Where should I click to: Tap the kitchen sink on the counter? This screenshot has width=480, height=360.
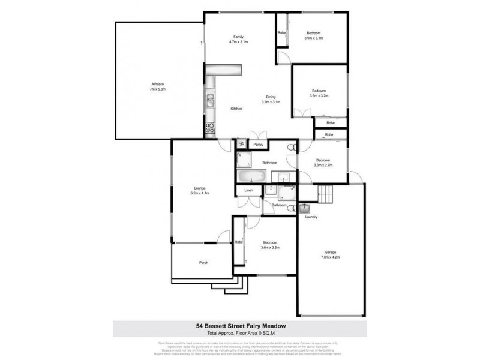pyautogui.click(x=211, y=100)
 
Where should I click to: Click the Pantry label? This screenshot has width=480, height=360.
pyautogui.click(x=259, y=145)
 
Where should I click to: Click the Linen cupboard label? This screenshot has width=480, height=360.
pyautogui.click(x=248, y=191)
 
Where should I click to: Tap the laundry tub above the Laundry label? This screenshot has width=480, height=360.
pyautogui.click(x=304, y=209)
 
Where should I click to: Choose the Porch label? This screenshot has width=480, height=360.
pyautogui.click(x=203, y=263)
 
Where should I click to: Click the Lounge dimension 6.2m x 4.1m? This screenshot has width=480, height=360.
pyautogui.click(x=200, y=194)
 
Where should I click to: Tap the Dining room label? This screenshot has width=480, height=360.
pyautogui.click(x=271, y=97)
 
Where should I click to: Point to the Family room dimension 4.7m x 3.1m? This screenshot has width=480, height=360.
pyautogui.click(x=238, y=43)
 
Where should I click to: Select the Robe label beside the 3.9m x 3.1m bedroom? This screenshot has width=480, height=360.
pyautogui.click(x=281, y=32)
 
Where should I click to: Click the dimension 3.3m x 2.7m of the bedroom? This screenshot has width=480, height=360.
pyautogui.click(x=323, y=166)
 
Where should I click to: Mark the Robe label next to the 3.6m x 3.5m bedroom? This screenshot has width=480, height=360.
pyautogui.click(x=238, y=242)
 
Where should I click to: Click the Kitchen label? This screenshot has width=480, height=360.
pyautogui.click(x=236, y=109)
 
